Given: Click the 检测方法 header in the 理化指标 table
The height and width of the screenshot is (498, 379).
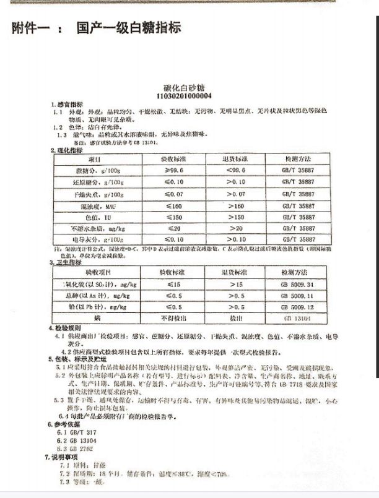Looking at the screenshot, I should click(298, 159).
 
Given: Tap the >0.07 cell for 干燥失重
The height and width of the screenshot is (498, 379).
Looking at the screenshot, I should click(235, 194).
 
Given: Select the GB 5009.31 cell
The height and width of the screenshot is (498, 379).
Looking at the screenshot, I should click(298, 284).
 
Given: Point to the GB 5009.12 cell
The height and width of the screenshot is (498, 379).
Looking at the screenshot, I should click(298, 307).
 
